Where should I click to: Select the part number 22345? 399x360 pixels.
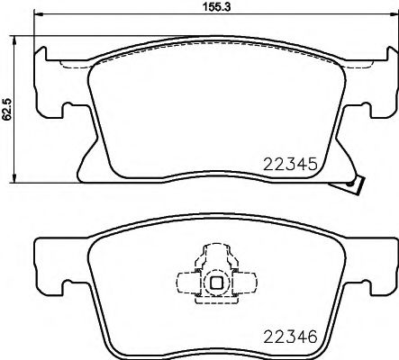(290, 164)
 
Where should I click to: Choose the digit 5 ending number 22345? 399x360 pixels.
(314, 164)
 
